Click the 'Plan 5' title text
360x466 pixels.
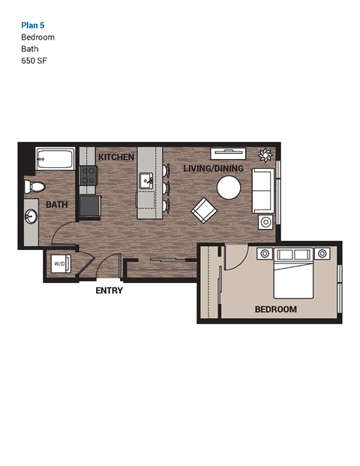[x=33, y=25]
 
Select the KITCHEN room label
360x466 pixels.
[x=115, y=158]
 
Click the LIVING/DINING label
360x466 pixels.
[x=214, y=170]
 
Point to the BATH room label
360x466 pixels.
[x=57, y=204]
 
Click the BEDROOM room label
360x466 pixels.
[x=275, y=309]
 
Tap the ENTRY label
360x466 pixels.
[x=109, y=290]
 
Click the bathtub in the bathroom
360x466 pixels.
[x=55, y=159]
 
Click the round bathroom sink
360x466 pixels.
[x=31, y=218]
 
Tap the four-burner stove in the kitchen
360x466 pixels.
[x=88, y=176]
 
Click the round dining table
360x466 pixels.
[x=229, y=187]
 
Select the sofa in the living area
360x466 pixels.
[x=262, y=190]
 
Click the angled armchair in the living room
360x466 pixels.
[x=204, y=210]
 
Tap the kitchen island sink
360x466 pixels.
[x=147, y=181]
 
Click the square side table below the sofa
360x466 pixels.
[x=266, y=221]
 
